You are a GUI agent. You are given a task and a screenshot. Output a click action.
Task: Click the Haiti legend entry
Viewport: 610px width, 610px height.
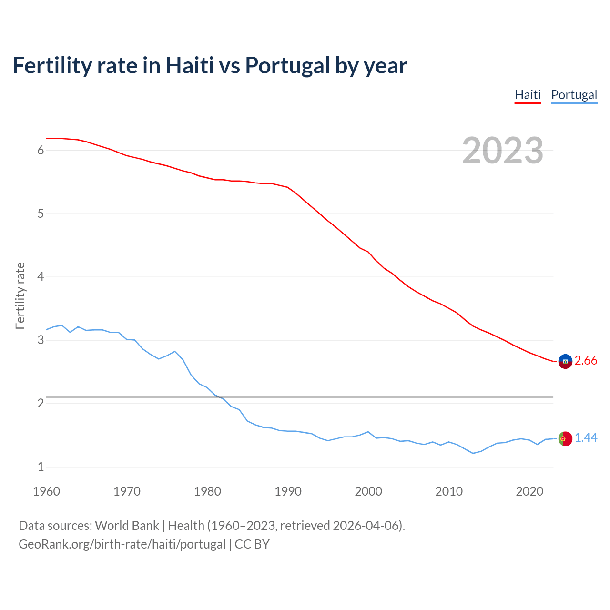coord(528,95)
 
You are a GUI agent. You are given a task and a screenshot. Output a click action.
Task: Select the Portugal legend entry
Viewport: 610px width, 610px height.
coord(574,95)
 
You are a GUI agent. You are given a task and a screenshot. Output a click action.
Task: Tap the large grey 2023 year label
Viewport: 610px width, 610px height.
coord(502,151)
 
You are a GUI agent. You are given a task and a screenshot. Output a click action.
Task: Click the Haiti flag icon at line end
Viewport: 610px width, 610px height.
coord(565,361)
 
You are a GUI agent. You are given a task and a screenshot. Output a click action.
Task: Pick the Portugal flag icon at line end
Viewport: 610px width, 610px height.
coord(565,438)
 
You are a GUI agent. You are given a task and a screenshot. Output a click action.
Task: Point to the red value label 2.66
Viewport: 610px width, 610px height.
coord(586,361)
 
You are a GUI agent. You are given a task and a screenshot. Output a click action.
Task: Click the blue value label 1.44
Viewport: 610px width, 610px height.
coord(586,438)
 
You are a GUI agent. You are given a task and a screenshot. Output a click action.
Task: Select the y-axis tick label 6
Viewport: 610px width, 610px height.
coord(41,151)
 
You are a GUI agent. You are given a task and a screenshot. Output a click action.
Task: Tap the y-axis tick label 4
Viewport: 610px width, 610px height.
coord(41,277)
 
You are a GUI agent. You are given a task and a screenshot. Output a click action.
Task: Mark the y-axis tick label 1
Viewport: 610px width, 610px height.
coord(41,467)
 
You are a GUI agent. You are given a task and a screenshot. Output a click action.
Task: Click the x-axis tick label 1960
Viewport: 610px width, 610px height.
coord(46,491)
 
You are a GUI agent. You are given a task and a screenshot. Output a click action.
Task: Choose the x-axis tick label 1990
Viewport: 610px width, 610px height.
coord(288,491)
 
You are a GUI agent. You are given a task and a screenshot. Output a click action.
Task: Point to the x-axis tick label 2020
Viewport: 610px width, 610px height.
coord(529,491)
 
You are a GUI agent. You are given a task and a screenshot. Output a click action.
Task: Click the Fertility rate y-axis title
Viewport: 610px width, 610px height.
coord(20,295)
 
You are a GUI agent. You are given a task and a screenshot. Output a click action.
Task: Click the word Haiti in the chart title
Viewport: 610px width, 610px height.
coord(189,66)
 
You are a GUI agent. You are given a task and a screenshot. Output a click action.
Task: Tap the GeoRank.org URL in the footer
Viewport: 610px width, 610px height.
coord(122,544)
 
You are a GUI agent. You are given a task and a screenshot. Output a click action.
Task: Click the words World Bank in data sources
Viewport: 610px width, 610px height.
coord(127,526)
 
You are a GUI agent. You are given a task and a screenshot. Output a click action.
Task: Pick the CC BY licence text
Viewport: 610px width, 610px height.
coord(252,544)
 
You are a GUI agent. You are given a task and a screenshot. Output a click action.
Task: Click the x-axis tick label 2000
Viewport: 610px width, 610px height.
coord(368,491)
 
